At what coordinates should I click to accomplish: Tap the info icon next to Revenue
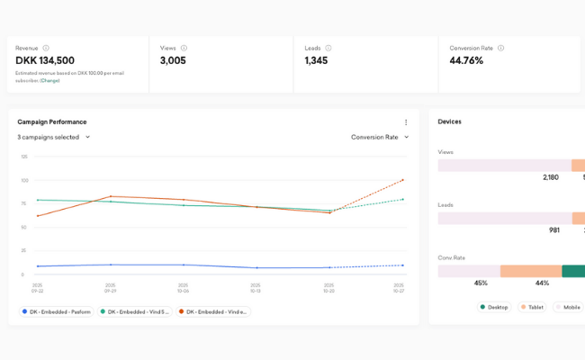pos(46,48)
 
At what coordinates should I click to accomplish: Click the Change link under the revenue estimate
pos(49,80)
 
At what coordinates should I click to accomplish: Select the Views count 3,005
pos(173,60)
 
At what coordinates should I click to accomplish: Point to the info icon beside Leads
pos(328,48)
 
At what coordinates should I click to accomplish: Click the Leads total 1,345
pos(316,60)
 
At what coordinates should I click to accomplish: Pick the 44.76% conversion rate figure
pos(466,60)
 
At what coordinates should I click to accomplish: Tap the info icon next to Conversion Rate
pos(501,48)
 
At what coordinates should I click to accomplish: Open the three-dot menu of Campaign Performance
pos(406,122)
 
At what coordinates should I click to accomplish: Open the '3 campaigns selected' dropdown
pos(54,137)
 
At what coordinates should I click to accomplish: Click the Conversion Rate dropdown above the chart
pos(380,137)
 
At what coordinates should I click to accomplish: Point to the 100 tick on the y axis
pos(24,180)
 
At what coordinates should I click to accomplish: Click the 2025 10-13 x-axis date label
pos(256,288)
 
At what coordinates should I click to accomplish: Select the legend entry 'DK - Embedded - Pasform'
pos(56,311)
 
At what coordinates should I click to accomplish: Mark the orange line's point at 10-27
pos(402,180)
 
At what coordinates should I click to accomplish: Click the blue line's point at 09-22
pos(38,266)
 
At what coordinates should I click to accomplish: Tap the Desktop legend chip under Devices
pos(494,307)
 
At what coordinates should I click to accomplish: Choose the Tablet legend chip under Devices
pos(533,307)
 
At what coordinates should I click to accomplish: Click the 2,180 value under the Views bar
pos(550,177)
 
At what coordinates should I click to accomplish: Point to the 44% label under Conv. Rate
pos(542,283)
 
